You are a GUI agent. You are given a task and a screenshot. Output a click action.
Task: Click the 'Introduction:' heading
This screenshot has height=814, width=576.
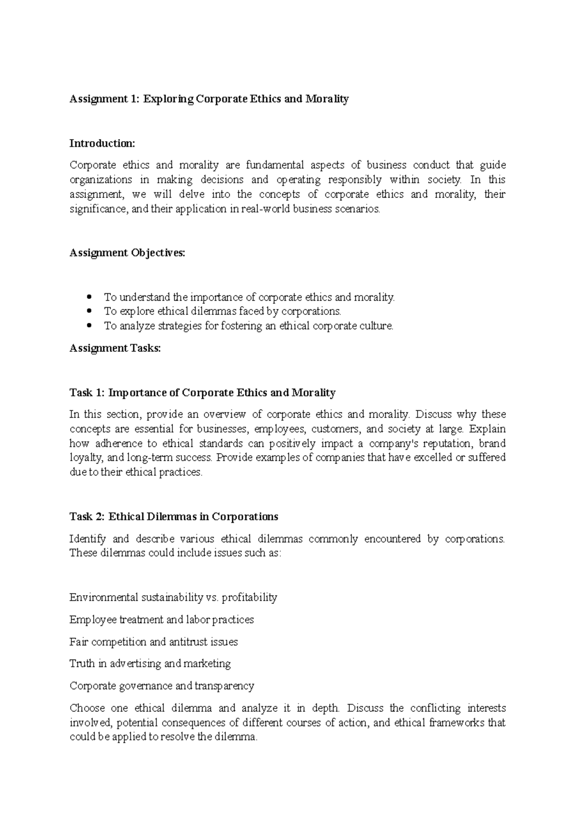102,144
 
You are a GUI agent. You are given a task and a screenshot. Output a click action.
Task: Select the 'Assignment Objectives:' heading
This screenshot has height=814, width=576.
127,253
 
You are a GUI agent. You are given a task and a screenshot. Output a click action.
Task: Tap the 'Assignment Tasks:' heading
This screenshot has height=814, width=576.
115,348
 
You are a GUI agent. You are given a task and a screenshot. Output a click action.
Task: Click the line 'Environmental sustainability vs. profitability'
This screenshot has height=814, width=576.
173,598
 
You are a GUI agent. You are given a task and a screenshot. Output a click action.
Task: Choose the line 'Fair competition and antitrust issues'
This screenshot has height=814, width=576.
154,642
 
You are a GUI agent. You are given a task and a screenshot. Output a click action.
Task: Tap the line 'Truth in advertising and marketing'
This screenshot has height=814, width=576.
150,664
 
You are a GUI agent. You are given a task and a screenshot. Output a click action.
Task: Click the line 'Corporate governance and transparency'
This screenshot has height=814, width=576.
162,686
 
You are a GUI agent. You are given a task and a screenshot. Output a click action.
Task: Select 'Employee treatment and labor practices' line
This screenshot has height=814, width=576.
162,620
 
